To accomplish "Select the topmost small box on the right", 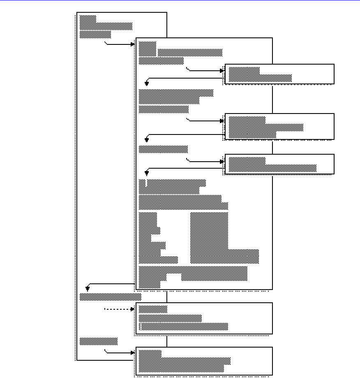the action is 279,74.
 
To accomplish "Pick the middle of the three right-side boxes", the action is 279,127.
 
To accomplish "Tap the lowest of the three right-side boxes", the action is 279,164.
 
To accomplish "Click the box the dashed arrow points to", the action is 204,318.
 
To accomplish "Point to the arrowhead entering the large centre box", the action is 133,44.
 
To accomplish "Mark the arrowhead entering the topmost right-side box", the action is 222,71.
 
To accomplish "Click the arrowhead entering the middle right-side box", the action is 222,121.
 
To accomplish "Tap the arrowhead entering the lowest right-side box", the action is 222,161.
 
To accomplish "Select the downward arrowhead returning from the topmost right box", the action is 147,83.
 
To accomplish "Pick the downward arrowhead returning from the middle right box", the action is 147,140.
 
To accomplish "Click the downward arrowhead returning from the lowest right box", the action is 147,173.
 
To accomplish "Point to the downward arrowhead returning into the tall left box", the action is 88,289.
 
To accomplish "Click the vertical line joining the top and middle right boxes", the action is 272,99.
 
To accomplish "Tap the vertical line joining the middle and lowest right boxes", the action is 272,147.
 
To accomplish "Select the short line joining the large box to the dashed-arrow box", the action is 167,296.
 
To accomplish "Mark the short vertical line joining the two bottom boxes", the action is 167,341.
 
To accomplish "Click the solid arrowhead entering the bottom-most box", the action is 133,352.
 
